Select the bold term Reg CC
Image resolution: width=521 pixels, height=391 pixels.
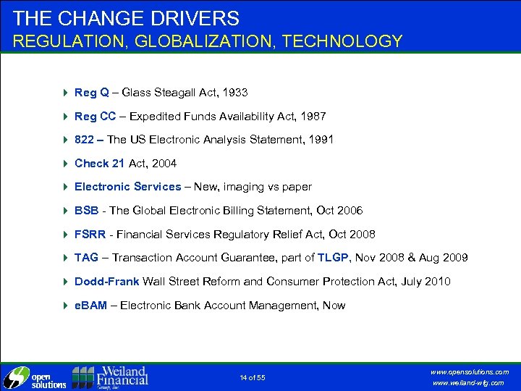[95, 116]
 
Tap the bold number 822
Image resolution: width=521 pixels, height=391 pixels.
[84, 140]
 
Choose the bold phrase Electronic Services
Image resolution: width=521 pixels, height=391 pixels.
[127, 187]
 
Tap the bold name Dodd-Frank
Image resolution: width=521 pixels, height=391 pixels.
[107, 281]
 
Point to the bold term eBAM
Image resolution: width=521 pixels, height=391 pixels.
[90, 305]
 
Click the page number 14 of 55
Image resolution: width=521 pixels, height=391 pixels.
[253, 377]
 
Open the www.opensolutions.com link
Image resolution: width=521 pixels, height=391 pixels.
[472, 371]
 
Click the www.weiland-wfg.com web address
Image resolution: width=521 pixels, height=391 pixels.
[473, 383]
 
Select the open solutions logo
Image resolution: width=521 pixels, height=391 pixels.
[34, 377]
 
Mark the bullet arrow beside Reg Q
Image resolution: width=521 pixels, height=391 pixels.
[65, 93]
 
